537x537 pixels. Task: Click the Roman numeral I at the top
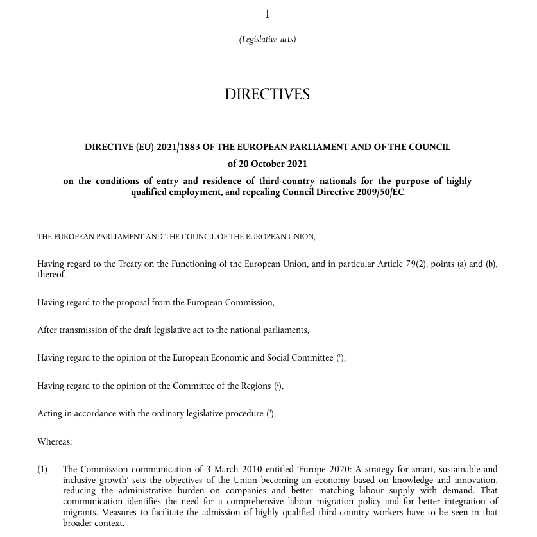click(268, 14)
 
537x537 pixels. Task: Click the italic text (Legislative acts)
click(268, 40)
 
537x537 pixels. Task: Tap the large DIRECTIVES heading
click(268, 94)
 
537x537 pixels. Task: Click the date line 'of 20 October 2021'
click(268, 164)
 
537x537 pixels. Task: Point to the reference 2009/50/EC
click(380, 192)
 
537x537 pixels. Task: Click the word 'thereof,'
click(51, 274)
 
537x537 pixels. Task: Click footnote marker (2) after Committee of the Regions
click(278, 386)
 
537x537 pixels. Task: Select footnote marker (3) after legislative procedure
click(270, 413)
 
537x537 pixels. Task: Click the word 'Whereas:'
click(55, 441)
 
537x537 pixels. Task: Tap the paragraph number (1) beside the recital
click(42, 470)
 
